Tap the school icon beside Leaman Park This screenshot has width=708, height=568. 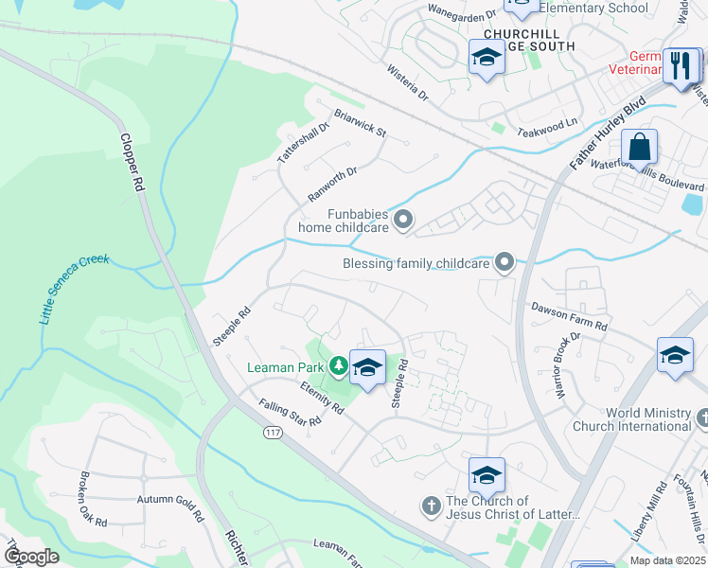(367, 367)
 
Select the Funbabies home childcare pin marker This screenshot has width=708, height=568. (404, 221)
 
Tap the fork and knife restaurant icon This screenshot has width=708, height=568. (681, 65)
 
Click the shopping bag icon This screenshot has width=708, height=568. (640, 148)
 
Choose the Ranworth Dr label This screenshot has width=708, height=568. (333, 185)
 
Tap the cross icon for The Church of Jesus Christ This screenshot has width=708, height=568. (430, 506)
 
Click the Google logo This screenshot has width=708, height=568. (31, 556)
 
